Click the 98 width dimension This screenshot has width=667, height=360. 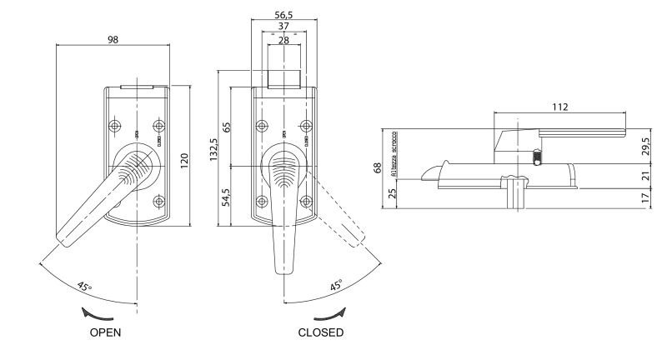point(113,40)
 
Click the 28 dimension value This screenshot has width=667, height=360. point(283,41)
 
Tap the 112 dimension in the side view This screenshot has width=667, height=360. point(559,106)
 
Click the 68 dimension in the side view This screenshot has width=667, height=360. point(377,169)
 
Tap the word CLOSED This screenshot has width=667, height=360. point(320,332)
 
